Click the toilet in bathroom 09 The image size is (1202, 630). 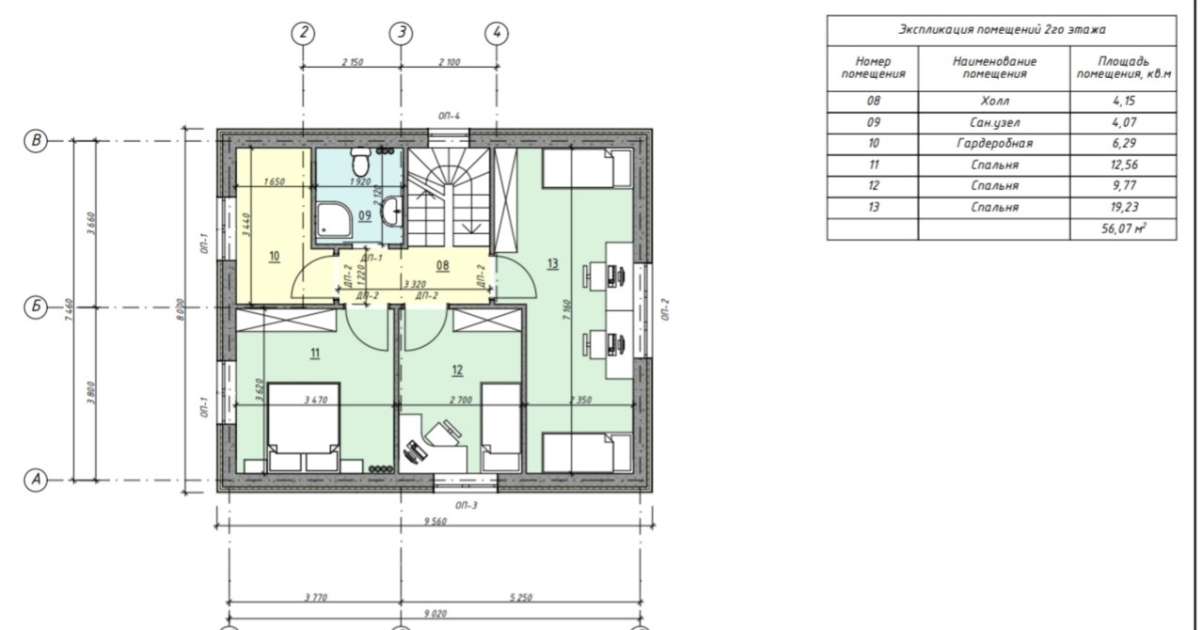[360, 161]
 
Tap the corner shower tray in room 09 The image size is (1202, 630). [334, 220]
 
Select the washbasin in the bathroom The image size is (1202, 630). [391, 211]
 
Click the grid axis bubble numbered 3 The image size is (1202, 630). [401, 33]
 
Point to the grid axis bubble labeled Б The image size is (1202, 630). [36, 307]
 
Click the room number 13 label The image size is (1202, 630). [553, 263]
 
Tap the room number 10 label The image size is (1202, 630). [275, 256]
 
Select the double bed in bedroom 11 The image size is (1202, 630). [304, 427]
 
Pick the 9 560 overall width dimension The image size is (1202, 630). [435, 521]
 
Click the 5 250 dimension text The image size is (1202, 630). [520, 597]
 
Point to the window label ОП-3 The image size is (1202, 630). [466, 505]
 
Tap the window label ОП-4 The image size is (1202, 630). [450, 116]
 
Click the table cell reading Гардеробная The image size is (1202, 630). [994, 143]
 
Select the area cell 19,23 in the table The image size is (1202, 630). [1124, 207]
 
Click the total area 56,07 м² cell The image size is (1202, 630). [1124, 228]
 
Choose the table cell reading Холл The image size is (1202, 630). [994, 101]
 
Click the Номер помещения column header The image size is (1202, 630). [873, 68]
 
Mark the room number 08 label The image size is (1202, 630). [443, 265]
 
